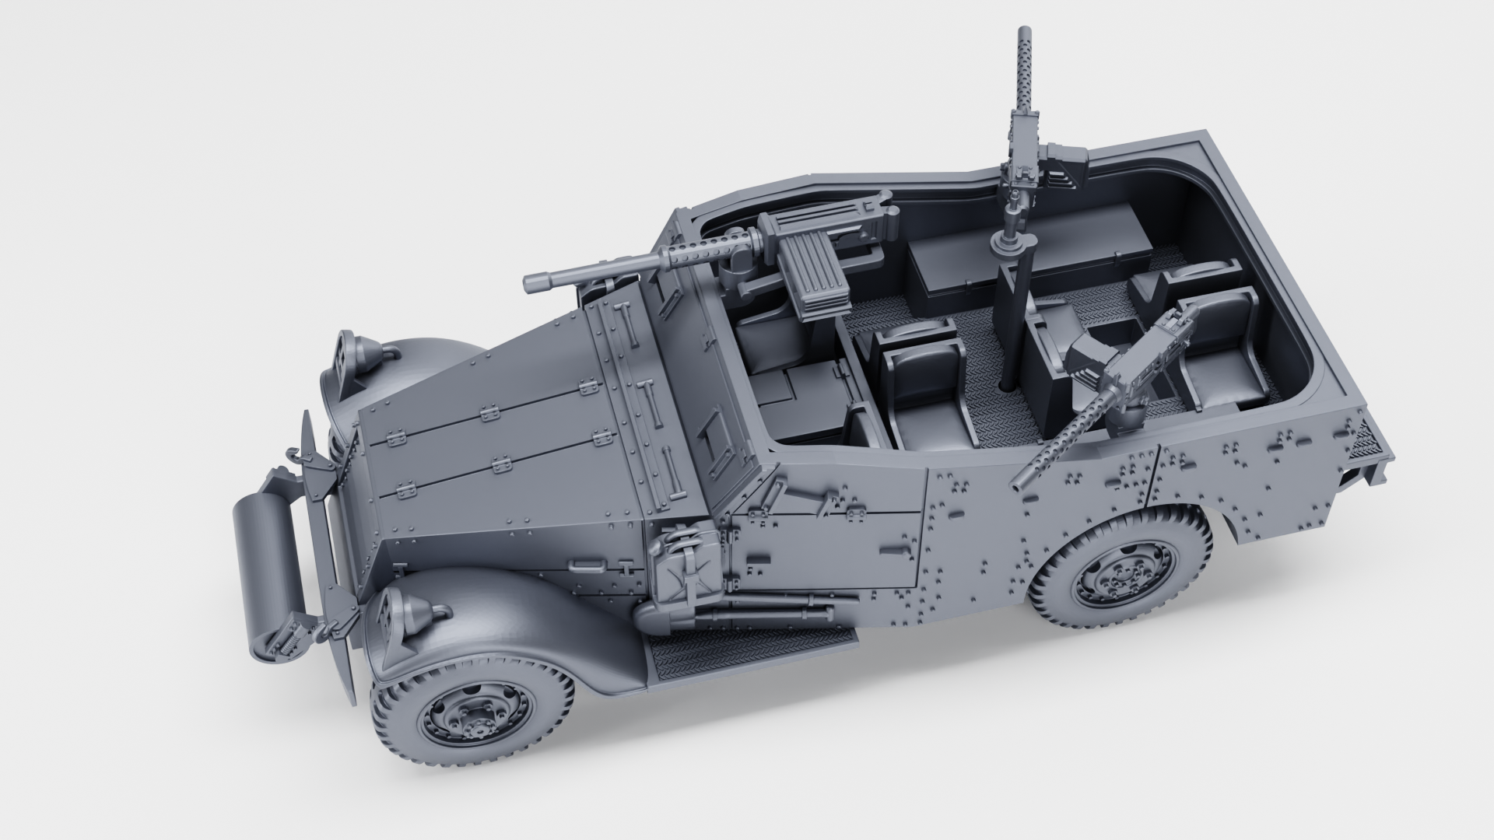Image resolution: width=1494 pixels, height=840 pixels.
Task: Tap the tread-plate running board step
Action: [x=751, y=646]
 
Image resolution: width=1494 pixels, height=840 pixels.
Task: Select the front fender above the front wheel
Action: [x=498, y=614]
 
